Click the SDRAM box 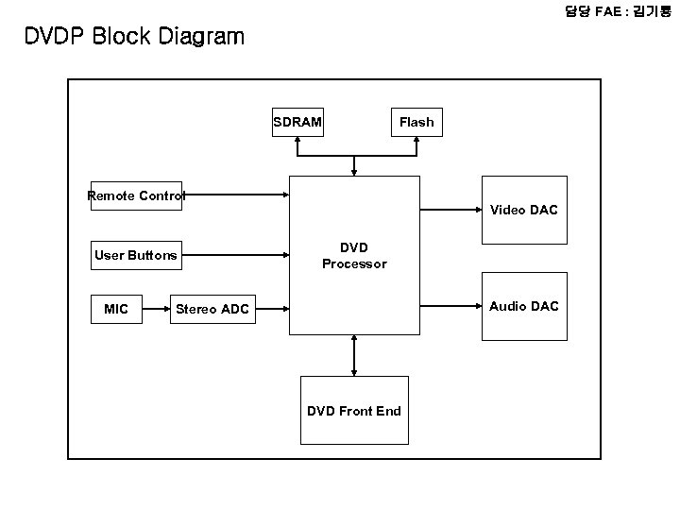pos(297,122)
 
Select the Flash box pos(416,122)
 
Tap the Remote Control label pos(135,196)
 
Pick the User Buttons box pos(135,255)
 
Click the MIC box pos(116,308)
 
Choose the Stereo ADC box pos(212,308)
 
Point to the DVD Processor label pos(354,255)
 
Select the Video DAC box pos(523,210)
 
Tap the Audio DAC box pos(523,306)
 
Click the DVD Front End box pos(354,410)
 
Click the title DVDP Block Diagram pos(134,37)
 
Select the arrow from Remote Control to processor pos(236,195)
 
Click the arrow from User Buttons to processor pos(236,254)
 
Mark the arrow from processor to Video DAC pos(450,209)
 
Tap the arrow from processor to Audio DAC pos(450,305)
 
